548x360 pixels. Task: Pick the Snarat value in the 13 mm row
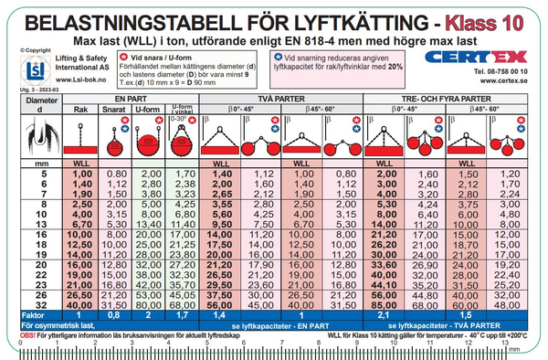(115, 222)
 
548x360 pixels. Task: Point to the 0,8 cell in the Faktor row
(115, 314)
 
